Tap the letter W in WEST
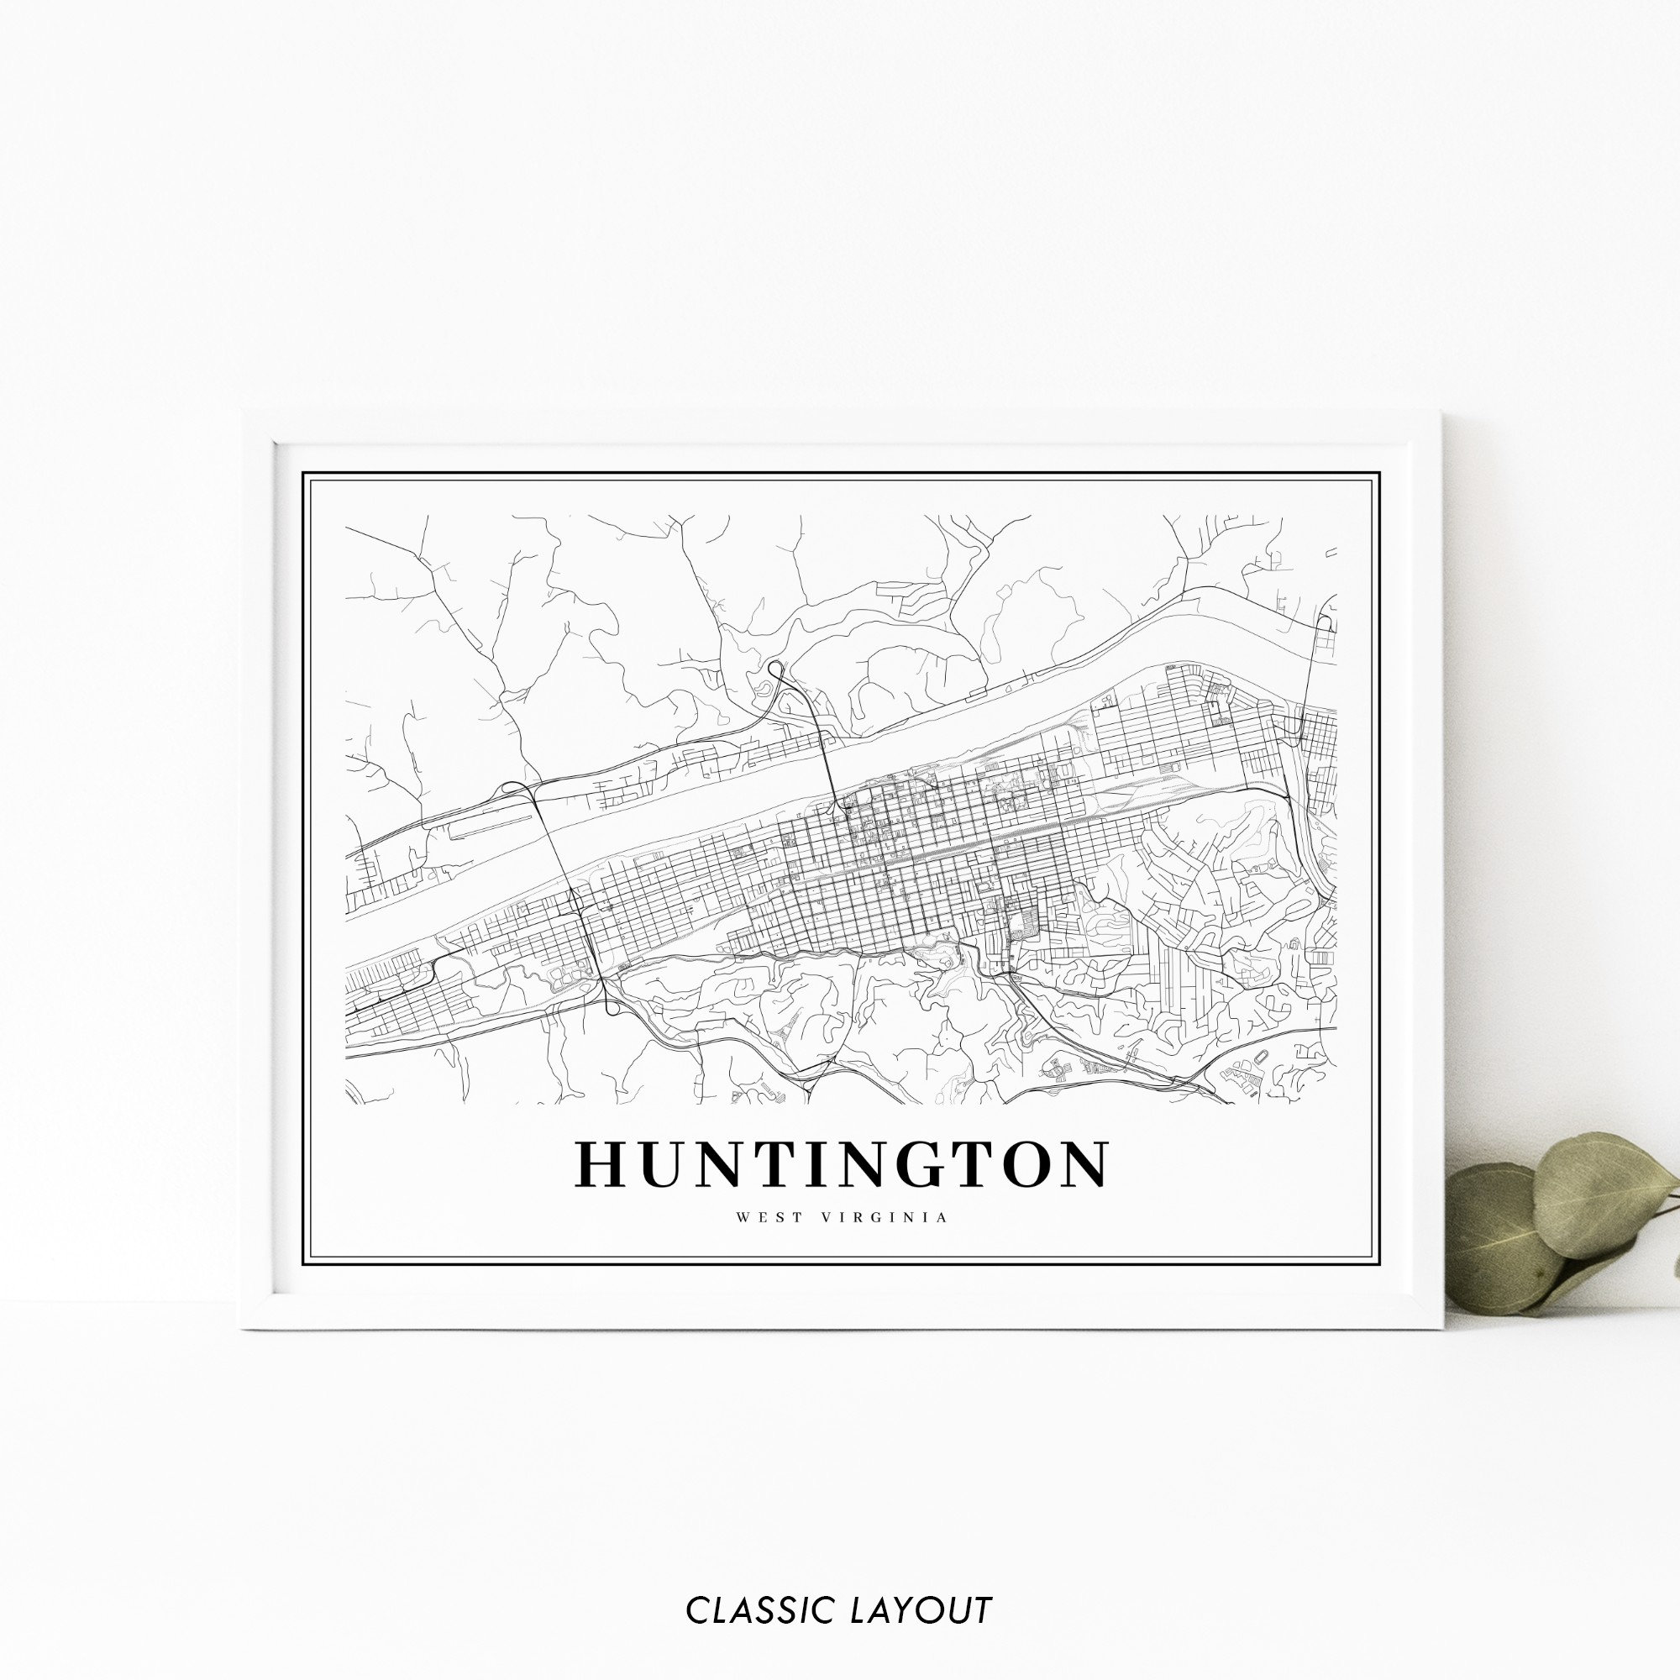[742, 1217]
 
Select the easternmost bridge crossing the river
[1311, 687]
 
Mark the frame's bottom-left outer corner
[241, 1328]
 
